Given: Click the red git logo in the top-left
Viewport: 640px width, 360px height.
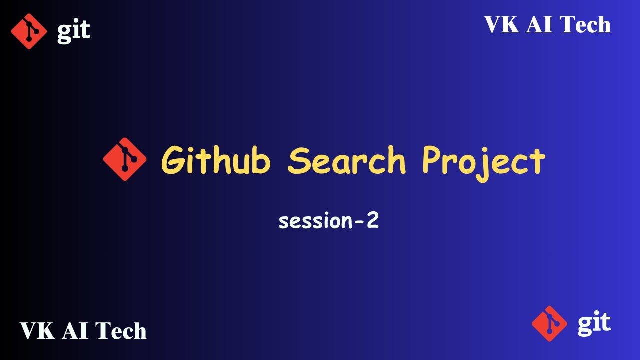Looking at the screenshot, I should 29,31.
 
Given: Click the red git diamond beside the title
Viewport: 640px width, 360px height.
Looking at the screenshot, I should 125,159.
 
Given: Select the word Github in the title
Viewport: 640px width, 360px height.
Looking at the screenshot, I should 216,161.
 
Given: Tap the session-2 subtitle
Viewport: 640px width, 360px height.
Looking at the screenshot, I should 328,221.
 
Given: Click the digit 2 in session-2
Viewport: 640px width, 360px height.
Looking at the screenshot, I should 372,220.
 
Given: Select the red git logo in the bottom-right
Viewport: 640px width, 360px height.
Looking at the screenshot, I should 549,323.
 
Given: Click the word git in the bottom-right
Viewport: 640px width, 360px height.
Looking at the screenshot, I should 594,323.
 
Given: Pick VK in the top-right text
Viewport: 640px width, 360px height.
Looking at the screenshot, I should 501,25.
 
